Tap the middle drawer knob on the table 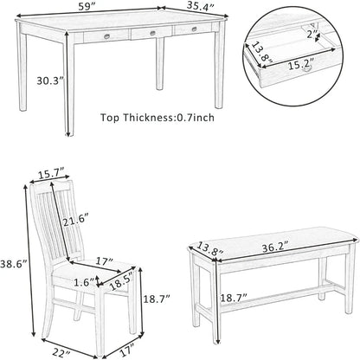pyautogui.click(x=151, y=35)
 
